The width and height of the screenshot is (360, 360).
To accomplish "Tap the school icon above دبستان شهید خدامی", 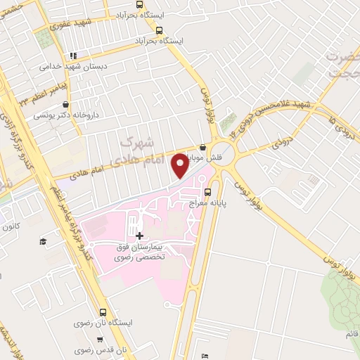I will [72, 56].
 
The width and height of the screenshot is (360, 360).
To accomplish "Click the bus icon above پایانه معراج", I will [207, 191].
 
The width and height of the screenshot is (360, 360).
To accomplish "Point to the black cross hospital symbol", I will [139, 236].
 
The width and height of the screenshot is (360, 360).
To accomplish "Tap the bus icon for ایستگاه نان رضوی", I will [103, 313].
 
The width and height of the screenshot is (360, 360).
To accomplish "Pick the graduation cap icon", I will [42, 242].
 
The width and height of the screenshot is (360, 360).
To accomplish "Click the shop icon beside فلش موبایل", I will [203, 148].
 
